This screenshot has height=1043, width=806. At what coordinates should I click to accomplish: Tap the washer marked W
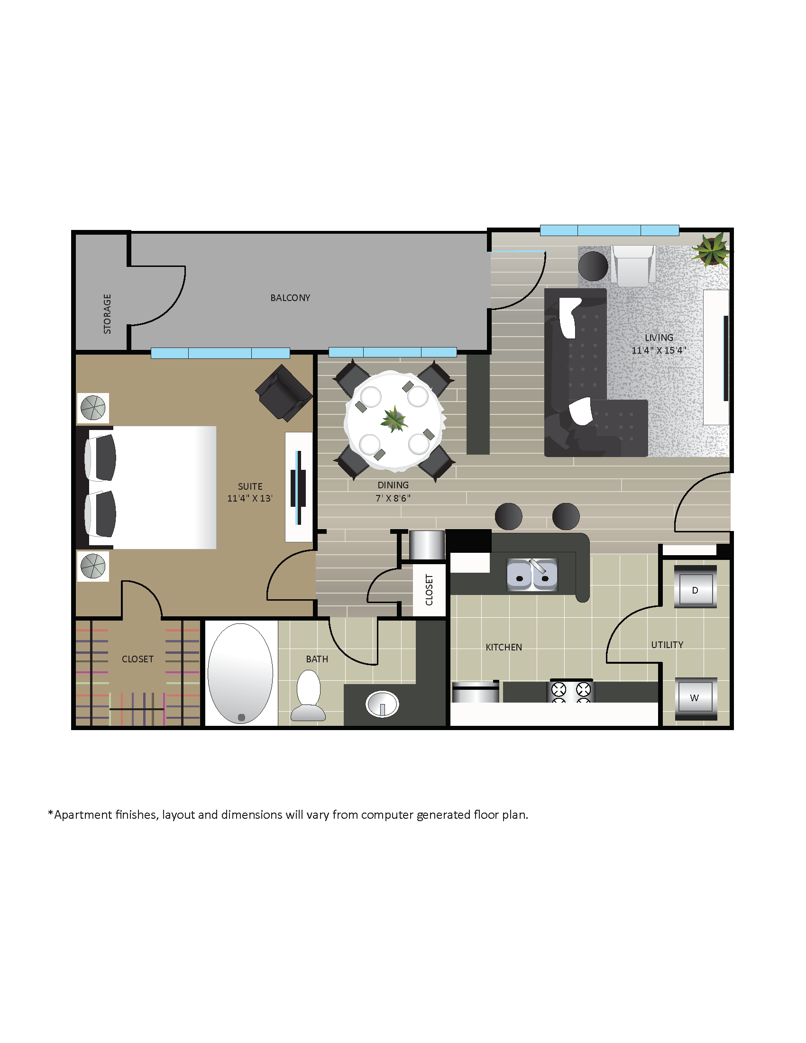pyautogui.click(x=695, y=698)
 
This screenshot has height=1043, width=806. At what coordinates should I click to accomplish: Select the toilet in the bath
pyautogui.click(x=309, y=695)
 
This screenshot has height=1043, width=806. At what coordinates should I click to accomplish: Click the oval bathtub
pyautogui.click(x=240, y=673)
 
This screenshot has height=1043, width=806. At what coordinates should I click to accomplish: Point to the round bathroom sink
pyautogui.click(x=382, y=704)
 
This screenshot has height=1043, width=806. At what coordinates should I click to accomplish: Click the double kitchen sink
pyautogui.click(x=532, y=575)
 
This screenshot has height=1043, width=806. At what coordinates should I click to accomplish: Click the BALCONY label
pyautogui.click(x=290, y=298)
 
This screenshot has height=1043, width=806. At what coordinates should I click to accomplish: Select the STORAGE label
pyautogui.click(x=108, y=314)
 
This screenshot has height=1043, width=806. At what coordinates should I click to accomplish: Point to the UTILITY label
pyautogui.click(x=667, y=645)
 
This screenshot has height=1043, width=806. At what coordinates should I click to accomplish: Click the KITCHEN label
pyautogui.click(x=504, y=648)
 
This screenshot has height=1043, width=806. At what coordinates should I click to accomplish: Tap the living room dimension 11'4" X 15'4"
pyautogui.click(x=659, y=350)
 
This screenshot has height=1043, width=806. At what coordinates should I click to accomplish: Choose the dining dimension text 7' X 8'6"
pyautogui.click(x=393, y=498)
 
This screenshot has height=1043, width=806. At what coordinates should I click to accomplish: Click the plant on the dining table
pyautogui.click(x=394, y=419)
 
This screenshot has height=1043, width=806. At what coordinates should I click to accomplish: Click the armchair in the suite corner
pyautogui.click(x=284, y=393)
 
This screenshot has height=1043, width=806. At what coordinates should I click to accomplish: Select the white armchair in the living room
pyautogui.click(x=633, y=265)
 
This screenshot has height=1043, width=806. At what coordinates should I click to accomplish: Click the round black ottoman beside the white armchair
pyautogui.click(x=593, y=265)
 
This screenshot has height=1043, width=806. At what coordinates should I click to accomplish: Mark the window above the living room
pyautogui.click(x=609, y=230)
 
